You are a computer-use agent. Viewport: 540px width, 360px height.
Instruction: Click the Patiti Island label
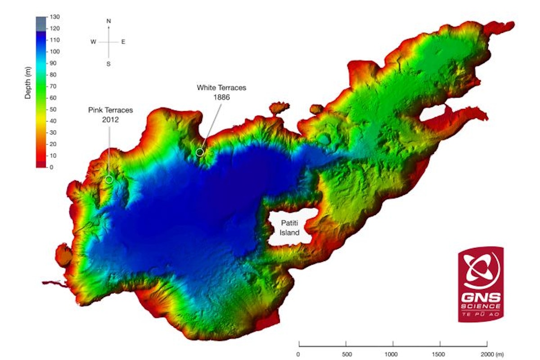(x=290, y=228)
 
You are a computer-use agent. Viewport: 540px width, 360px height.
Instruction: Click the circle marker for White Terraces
(x=200, y=153)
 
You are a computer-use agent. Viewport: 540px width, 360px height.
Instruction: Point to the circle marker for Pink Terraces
(x=109, y=180)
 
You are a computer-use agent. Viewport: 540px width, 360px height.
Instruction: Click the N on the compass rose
(x=108, y=21)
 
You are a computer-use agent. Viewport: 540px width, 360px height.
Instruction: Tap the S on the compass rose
(x=108, y=64)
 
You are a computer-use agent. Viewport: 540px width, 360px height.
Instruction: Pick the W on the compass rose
(x=93, y=42)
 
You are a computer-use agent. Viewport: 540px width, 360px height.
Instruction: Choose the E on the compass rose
(x=123, y=42)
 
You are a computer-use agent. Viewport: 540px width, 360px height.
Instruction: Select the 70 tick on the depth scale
(x=54, y=86)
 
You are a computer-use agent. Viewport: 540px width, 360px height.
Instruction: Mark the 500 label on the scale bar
(x=346, y=354)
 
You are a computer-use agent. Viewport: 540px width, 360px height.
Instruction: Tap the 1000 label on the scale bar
(x=392, y=354)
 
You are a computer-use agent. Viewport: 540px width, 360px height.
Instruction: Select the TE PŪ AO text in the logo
(x=480, y=314)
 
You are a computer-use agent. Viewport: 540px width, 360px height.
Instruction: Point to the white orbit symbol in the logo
(x=480, y=271)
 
